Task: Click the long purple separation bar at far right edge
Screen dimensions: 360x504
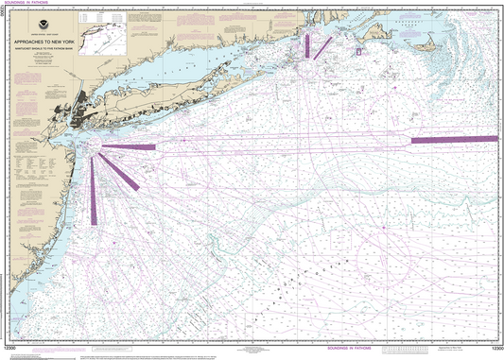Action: tap(455, 140)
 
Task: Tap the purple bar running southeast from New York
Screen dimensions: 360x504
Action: tap(119, 172)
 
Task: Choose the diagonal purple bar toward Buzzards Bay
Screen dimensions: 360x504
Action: tap(322, 46)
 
